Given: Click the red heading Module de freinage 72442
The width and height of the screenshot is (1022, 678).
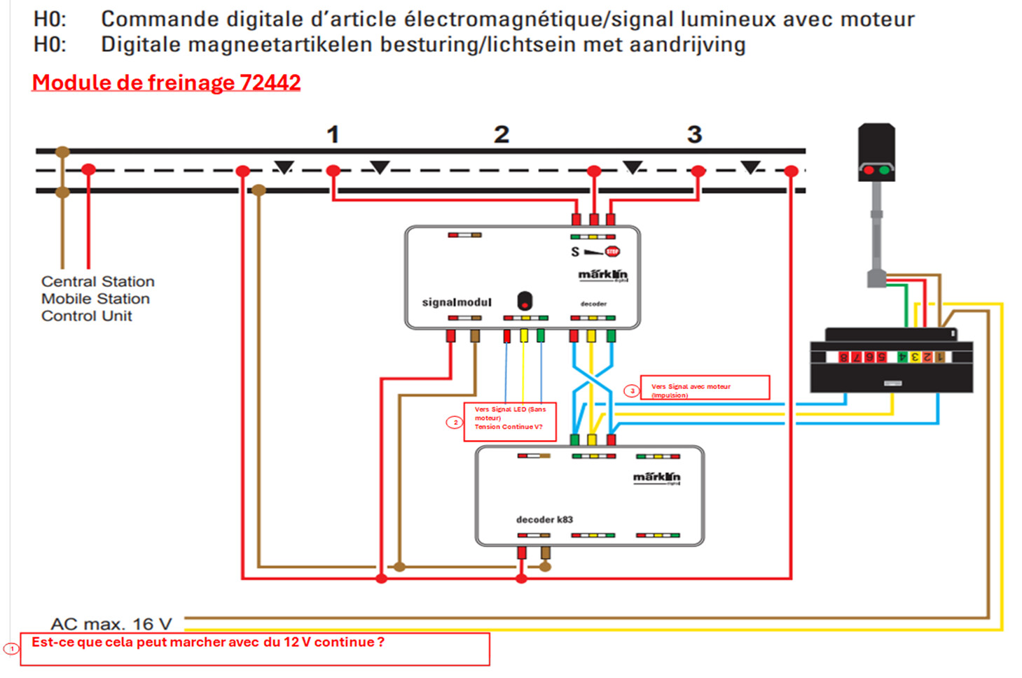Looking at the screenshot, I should tap(166, 83).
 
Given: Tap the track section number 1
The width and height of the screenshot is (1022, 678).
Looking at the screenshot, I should tap(333, 134).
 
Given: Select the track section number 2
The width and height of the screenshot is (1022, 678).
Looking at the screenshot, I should tap(501, 134).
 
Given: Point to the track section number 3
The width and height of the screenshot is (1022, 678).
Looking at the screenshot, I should tap(694, 134).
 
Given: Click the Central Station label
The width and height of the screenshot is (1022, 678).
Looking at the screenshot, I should tap(97, 281).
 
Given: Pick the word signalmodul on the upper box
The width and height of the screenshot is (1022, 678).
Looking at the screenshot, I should tap(457, 302).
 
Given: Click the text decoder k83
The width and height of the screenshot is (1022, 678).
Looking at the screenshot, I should tap(544, 520).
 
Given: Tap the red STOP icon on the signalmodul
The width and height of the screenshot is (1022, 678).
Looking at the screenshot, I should tap(612, 251).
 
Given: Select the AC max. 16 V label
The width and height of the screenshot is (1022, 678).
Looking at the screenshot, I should tap(111, 623).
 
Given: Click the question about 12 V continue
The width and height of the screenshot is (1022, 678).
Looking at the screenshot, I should tap(208, 642).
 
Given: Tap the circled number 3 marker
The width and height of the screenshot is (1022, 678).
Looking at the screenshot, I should tap(632, 391).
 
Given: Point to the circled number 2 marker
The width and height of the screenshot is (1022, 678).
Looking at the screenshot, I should tap(455, 423).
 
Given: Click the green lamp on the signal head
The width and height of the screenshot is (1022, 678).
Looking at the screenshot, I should tap(884, 170).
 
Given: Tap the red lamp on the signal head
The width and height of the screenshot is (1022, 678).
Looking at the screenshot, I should tap(869, 170).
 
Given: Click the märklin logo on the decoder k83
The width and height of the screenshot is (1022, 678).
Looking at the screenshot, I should tap(656, 477).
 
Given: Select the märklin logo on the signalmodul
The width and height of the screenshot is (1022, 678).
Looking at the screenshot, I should tap(602, 275).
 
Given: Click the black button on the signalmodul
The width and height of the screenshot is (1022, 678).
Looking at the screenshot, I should tap(525, 302).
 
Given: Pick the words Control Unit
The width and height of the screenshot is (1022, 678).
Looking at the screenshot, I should tap(86, 316).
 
